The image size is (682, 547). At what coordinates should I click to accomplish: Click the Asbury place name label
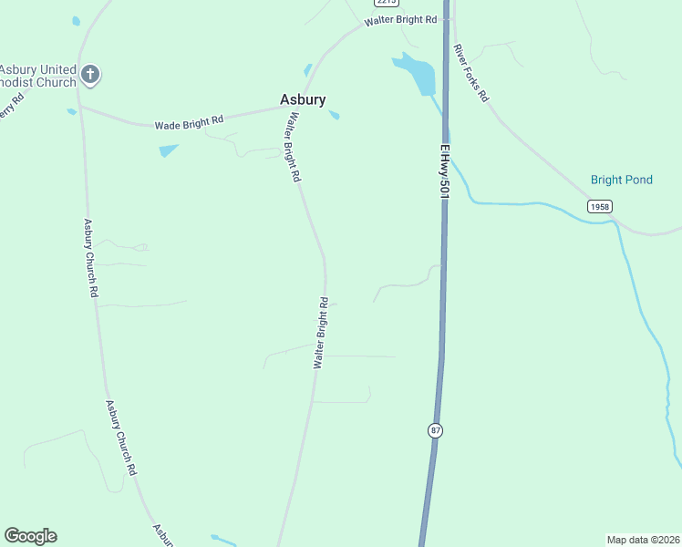tap(302, 100)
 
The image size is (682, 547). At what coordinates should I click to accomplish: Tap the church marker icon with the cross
tap(89, 74)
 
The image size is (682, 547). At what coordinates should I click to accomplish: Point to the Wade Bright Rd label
tap(189, 122)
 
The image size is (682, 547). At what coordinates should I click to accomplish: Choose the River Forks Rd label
tap(472, 72)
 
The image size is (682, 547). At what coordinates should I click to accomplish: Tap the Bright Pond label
tap(621, 180)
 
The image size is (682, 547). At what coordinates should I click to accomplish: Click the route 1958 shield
tap(599, 207)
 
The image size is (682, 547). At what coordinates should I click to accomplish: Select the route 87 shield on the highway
tap(436, 430)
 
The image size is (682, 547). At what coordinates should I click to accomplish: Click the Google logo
tap(30, 536)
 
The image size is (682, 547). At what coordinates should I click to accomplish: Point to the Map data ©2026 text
tap(642, 540)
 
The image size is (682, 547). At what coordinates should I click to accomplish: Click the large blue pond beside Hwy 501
tap(417, 73)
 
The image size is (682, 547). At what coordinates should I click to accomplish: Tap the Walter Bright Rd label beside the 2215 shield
tap(400, 19)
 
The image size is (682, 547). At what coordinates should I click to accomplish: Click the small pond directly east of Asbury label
tap(334, 115)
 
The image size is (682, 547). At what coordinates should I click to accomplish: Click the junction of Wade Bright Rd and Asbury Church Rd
tap(80, 106)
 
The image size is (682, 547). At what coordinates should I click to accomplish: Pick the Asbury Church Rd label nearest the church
tap(90, 258)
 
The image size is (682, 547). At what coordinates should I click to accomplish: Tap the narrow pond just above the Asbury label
tap(308, 69)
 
